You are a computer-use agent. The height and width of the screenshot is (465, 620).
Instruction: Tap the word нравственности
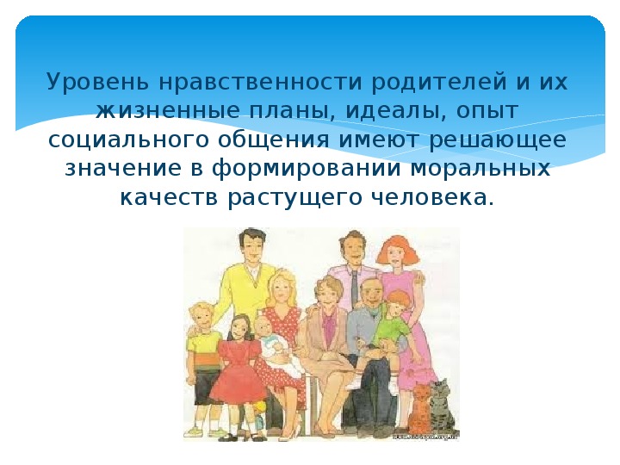tap(260, 83)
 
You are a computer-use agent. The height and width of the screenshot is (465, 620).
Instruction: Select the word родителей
tap(439, 83)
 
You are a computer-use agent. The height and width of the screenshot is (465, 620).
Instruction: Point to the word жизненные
tap(168, 111)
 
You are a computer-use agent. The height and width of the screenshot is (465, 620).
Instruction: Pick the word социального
tap(128, 140)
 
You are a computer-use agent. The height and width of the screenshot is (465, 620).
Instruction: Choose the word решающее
tap(498, 140)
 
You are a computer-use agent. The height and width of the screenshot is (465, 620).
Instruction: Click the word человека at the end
tap(433, 198)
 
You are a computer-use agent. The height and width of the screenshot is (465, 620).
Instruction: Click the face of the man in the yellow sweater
tap(251, 248)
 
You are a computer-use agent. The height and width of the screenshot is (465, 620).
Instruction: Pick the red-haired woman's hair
tap(397, 248)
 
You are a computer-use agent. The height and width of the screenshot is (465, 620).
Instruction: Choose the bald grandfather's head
tap(371, 293)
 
